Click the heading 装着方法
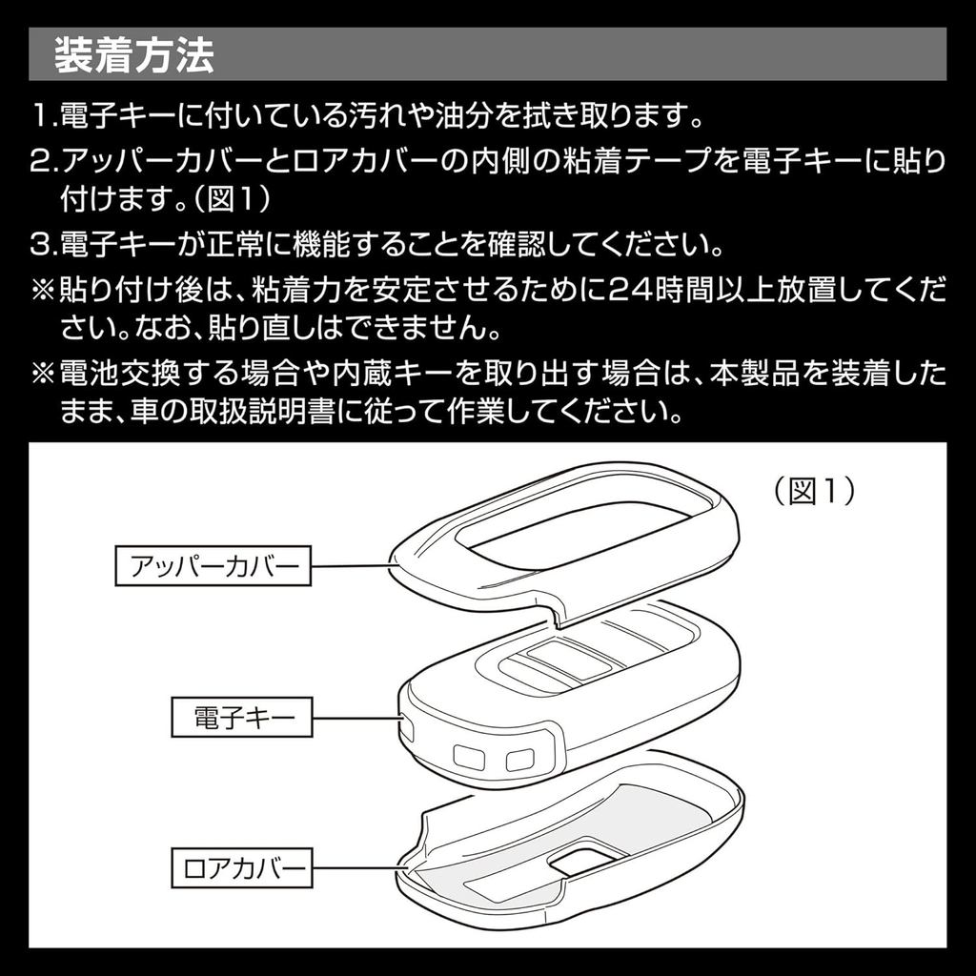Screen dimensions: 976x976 (134, 55)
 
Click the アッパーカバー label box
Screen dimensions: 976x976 (213, 566)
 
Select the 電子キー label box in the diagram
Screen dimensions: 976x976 (241, 717)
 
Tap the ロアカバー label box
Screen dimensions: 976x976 (241, 867)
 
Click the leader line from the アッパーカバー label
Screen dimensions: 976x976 (353, 566)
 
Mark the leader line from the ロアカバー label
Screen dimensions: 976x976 (359, 868)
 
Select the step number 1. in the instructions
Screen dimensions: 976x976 (45, 115)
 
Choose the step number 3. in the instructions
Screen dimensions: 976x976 (45, 245)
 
